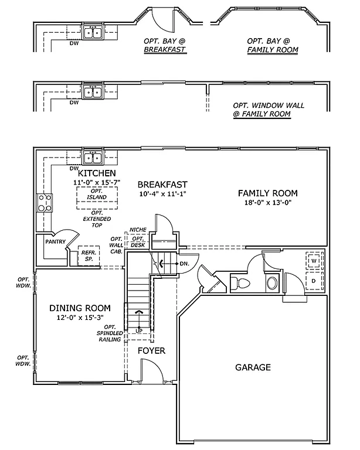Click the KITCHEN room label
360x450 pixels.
pos(97,173)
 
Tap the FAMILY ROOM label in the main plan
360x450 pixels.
pos(267,193)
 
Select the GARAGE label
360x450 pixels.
pos(253,367)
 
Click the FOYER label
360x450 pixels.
pos(151,351)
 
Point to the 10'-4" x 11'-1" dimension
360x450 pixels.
pos(162,194)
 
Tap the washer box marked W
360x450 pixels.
pos(314,260)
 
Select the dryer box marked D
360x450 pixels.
pos(314,281)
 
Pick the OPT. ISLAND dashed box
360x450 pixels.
pos(97,199)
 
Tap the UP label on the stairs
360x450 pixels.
pos(139,330)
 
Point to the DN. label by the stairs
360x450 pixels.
pos(184,264)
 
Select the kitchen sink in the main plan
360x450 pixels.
pos(93,157)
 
